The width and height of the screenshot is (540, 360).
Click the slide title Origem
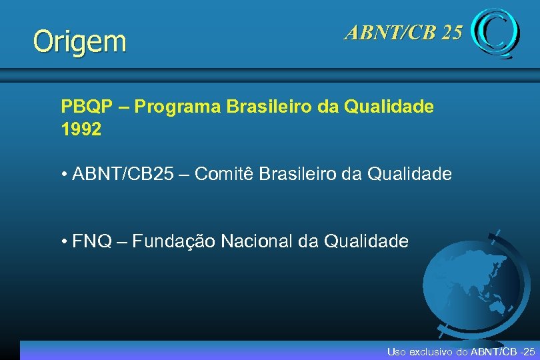coord(79,41)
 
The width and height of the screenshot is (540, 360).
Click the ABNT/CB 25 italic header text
coord(403,32)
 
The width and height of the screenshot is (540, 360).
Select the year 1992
coord(81,129)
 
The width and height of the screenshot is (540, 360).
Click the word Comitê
coord(223,175)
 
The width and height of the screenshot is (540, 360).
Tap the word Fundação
coord(173,241)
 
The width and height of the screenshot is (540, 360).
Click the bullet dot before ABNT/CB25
coord(63,175)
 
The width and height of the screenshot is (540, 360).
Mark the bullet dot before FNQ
coord(63,242)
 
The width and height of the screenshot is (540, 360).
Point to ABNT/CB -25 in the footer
coord(503,351)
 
